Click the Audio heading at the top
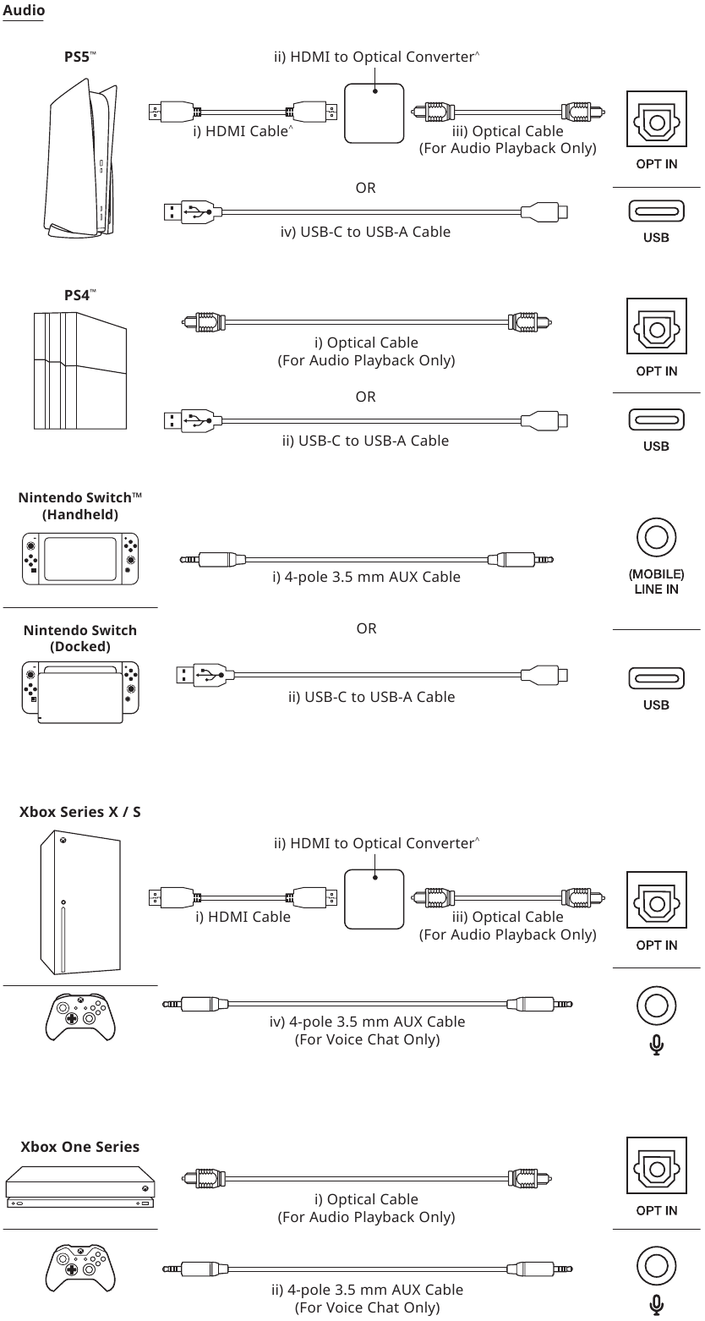coord(24,11)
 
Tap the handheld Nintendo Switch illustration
coord(80,558)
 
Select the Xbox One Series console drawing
coord(80,1188)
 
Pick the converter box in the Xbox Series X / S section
coord(374,898)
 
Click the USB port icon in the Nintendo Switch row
coord(656,677)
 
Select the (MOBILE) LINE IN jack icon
coord(656,538)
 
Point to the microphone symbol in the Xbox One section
coord(656,1306)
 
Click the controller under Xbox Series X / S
coord(80,1015)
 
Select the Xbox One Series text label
coord(80,1147)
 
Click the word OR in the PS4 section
coord(366,397)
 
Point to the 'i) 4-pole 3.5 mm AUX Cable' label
coord(366,577)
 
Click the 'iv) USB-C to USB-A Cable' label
coord(366,231)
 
